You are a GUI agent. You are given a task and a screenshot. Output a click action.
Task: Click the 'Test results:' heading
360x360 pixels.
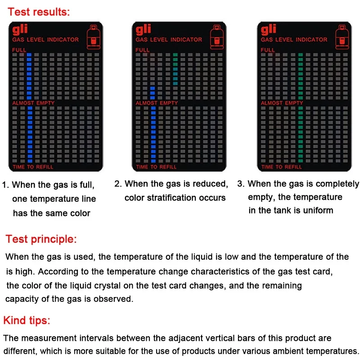tap(39, 12)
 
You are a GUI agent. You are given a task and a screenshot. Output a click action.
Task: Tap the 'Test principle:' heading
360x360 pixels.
tap(41, 238)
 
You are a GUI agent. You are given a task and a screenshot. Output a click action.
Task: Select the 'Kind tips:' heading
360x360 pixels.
tap(27, 320)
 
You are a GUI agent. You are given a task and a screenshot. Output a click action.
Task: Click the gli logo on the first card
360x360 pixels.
tap(20, 30)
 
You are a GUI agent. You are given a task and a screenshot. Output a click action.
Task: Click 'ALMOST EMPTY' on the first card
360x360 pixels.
tap(33, 103)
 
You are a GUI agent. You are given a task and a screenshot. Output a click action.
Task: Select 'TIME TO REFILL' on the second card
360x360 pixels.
tap(157, 167)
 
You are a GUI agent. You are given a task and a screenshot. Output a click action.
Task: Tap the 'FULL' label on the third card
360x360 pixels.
tap(268, 50)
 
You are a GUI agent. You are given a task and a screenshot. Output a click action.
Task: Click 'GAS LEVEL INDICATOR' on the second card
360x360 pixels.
tap(169, 40)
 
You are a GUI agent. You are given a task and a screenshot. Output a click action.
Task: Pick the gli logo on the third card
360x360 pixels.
tap(269, 30)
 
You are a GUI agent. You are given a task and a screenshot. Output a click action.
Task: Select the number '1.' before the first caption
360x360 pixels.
tap(6, 184)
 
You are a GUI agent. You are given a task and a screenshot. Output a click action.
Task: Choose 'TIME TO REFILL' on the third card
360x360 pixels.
tap(281, 167)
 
